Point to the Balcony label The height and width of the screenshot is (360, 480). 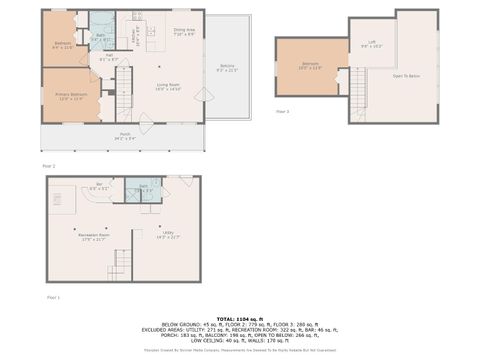point(228,68)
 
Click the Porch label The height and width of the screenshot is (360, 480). point(125,135)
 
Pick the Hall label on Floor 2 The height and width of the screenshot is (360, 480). point(109,57)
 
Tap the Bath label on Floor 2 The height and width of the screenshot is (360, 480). point(101,38)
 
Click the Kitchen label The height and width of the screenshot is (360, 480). point(135,37)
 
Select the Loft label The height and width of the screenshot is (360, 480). point(371,44)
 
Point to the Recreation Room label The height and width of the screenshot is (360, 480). point(94,236)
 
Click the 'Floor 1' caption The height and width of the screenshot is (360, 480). point(53,298)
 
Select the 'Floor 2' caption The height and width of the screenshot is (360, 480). point(48,164)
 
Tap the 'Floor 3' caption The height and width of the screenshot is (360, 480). point(282,111)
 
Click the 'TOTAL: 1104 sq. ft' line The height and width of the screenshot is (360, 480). point(240,316)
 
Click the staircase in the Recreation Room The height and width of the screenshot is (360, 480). point(121,264)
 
